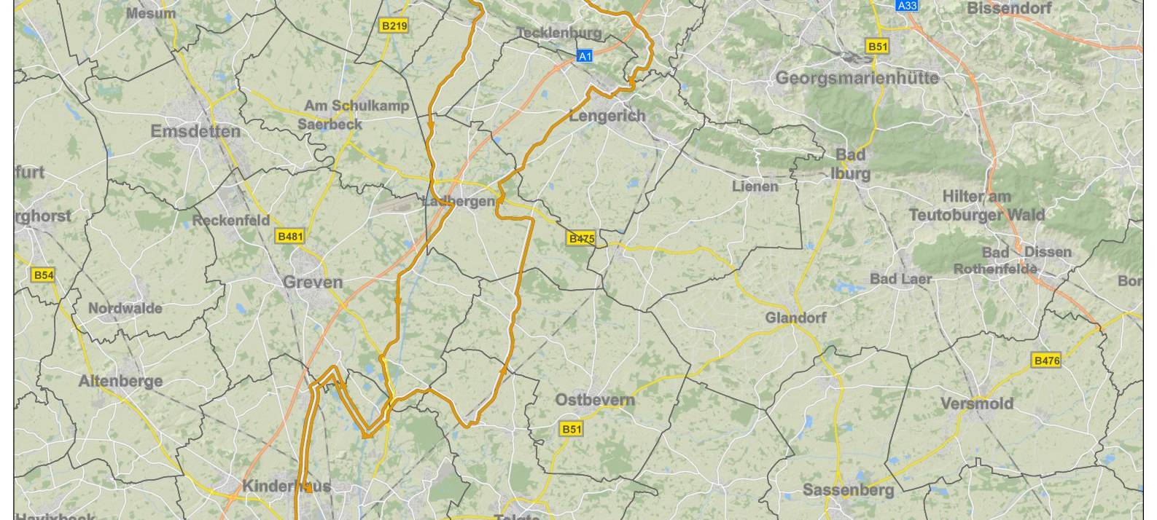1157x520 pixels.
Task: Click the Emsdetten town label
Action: pos(195,131)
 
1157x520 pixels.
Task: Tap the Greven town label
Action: pos(313,283)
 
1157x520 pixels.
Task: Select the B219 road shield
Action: pos(394,26)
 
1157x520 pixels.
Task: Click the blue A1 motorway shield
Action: pos(585,55)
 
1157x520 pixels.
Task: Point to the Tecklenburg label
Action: pos(559,33)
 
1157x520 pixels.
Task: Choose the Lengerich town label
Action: pos(607,116)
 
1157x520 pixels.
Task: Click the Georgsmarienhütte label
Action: pos(857,78)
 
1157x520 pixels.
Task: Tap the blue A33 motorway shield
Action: pos(907,6)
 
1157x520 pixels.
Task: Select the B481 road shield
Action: pos(289,236)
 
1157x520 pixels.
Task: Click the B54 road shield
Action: pos(43,275)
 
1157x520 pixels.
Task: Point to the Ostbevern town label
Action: pos(595,400)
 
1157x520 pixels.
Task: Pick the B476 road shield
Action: pos(1047,361)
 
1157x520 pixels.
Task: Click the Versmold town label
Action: pos(977,403)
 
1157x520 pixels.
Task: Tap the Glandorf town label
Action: pos(795,318)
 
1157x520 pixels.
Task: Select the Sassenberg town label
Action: pos(848,490)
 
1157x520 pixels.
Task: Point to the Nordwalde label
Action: pos(125,308)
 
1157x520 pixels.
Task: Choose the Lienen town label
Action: pos(755,186)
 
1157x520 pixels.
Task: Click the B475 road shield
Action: pos(581,239)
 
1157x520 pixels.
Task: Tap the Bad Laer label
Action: pos(900,279)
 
